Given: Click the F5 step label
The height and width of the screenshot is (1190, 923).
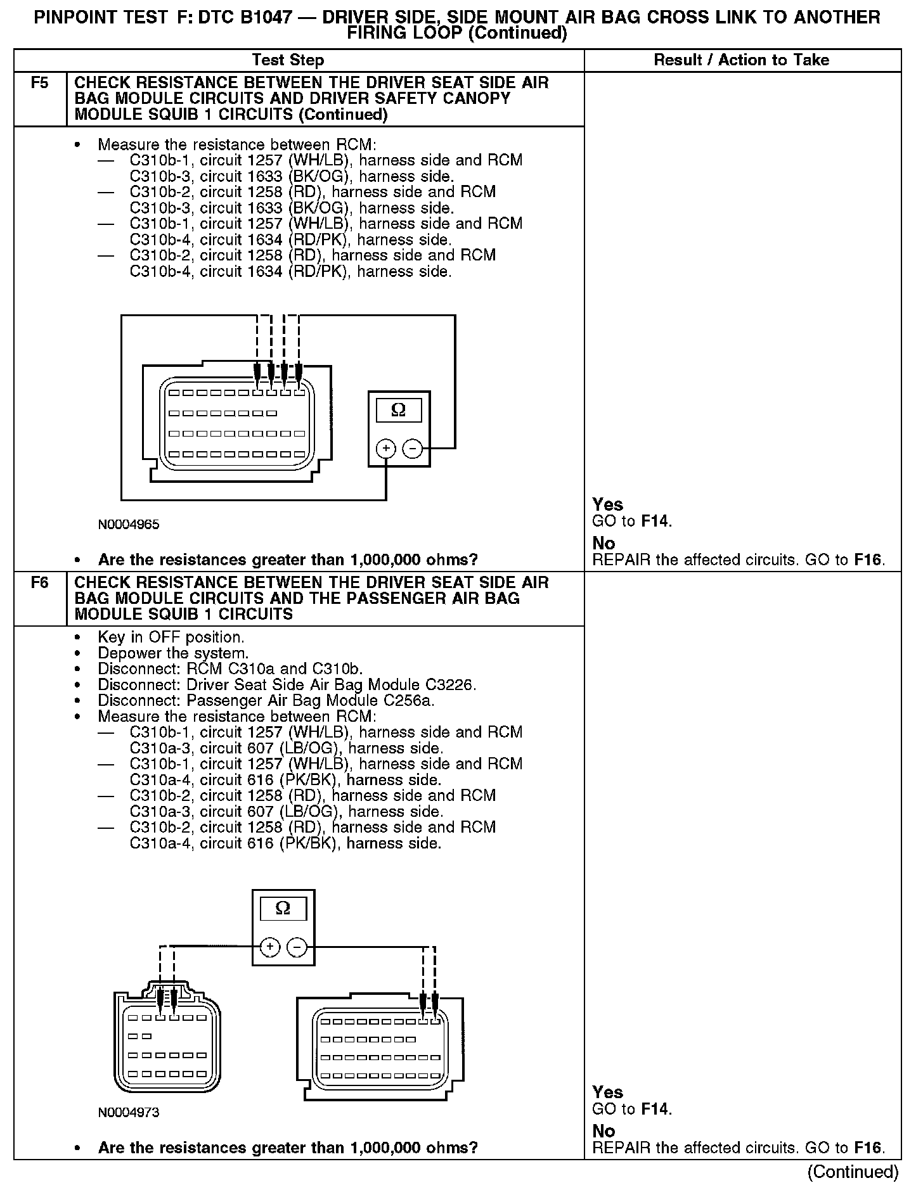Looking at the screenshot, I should pyautogui.click(x=39, y=83).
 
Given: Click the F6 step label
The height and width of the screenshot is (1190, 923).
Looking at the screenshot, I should pyautogui.click(x=39, y=582).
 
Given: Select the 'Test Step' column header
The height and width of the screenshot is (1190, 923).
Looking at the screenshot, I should pyautogui.click(x=288, y=60).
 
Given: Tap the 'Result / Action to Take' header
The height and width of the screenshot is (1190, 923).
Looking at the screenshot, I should pyautogui.click(x=741, y=60).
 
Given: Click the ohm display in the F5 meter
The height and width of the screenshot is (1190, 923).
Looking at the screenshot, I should pyautogui.click(x=399, y=411).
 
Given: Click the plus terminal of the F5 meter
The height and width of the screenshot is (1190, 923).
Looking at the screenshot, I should pyautogui.click(x=386, y=449).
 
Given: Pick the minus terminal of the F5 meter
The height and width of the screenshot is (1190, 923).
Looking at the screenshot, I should pyautogui.click(x=412, y=449).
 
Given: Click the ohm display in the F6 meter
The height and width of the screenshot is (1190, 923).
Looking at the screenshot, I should pyautogui.click(x=283, y=908).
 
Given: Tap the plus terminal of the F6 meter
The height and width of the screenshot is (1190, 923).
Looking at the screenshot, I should pyautogui.click(x=270, y=947).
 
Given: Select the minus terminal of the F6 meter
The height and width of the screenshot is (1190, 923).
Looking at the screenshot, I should pyautogui.click(x=297, y=947).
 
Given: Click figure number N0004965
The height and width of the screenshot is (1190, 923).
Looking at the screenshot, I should pyautogui.click(x=129, y=525).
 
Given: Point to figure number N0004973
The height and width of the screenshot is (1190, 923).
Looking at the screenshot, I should pyautogui.click(x=129, y=1113).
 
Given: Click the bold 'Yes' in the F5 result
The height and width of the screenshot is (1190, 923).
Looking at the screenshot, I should pyautogui.click(x=607, y=504).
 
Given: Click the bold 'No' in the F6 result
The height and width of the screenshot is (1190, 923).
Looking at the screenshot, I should pyautogui.click(x=603, y=1131).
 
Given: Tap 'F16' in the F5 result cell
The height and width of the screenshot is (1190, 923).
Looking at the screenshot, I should pyautogui.click(x=867, y=560).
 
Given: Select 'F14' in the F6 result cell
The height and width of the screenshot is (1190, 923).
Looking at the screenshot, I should pyautogui.click(x=655, y=1109).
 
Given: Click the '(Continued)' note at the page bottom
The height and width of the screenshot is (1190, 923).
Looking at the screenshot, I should pyautogui.click(x=853, y=1172).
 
